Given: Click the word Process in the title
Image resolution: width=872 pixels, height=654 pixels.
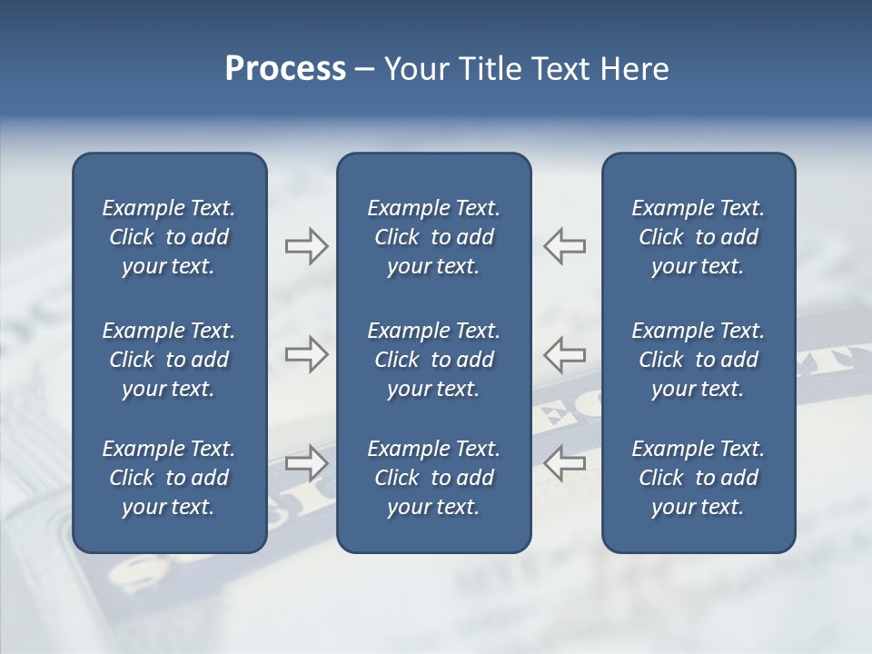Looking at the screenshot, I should (285, 69).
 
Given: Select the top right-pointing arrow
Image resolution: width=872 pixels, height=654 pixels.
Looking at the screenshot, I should (306, 246).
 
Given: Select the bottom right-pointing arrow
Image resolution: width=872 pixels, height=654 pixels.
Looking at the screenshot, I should (306, 462).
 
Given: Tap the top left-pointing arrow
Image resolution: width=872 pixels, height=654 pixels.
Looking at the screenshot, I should (565, 246).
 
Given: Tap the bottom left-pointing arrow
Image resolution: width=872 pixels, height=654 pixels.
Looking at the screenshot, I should (565, 462).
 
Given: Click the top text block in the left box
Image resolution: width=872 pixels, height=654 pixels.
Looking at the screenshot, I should (169, 237).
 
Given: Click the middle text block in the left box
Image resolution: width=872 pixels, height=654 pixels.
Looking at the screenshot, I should (169, 360).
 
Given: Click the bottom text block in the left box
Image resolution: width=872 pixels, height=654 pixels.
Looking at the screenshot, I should (169, 478).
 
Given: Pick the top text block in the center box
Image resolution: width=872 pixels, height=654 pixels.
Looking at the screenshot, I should (433, 237).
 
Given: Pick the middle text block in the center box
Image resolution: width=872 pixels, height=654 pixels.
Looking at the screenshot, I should (433, 360).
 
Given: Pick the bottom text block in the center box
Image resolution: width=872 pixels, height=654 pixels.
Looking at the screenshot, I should (433, 478).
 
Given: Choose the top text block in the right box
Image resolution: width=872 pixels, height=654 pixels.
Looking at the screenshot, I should (698, 237).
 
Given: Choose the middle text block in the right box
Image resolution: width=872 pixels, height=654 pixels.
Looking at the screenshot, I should (698, 360).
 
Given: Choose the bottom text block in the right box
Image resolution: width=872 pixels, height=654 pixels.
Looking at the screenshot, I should (698, 478).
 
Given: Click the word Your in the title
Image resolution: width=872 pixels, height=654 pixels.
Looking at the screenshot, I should (414, 69).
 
